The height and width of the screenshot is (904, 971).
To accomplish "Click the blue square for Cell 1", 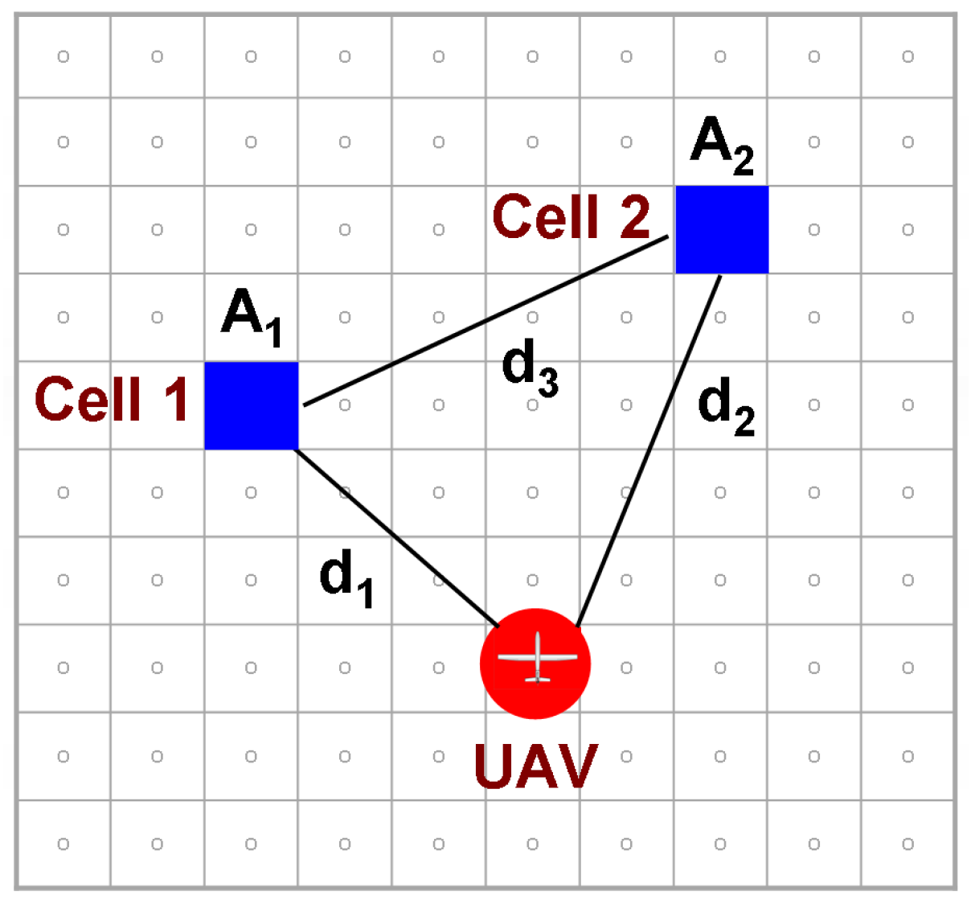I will coord(252,405).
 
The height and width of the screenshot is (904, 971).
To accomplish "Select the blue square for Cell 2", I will coord(722,229).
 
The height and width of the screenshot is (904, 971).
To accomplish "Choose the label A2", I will coord(722,146).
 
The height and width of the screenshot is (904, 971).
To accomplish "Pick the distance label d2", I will coord(726,407).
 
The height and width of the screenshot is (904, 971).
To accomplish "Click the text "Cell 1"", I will coord(112,399).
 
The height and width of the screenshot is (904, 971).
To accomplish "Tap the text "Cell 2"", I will coord(571,216).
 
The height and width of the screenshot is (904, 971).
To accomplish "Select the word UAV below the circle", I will coord(535,766).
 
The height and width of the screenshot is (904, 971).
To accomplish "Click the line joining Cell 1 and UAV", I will coord(398,537).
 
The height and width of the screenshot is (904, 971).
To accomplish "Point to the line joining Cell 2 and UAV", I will coord(649,450).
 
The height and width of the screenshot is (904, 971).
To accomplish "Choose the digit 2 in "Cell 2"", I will coord(634,216).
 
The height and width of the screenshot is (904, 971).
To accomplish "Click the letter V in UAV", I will coord(576,766).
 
